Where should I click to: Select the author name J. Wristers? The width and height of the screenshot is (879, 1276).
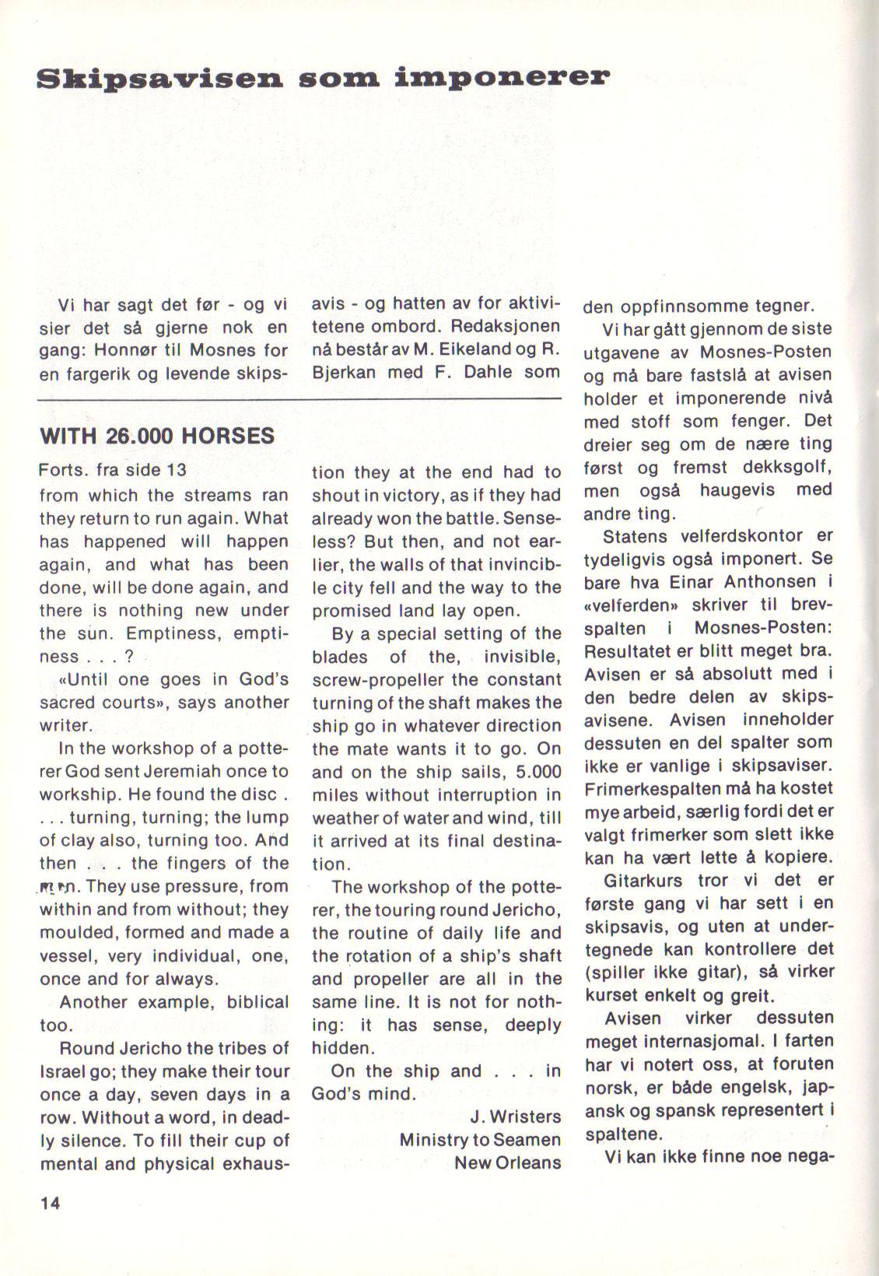point(515,1116)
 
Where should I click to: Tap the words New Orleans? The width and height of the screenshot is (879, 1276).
point(507,1162)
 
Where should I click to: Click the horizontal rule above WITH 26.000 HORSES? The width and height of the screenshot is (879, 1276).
point(299,399)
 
